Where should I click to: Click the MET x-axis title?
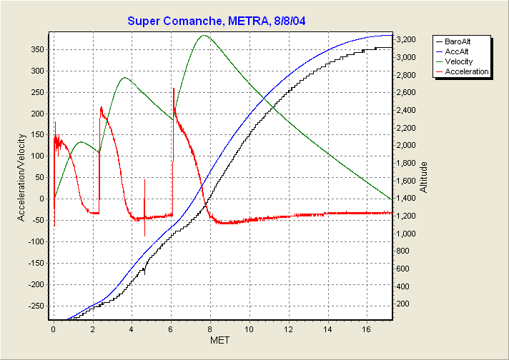tap(220, 341)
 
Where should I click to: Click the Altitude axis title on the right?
tap(424, 177)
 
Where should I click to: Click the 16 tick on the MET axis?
tap(366, 330)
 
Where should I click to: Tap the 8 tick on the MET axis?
tap(210, 330)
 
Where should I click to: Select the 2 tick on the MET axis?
tap(92, 330)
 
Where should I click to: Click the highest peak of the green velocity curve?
tap(204, 35)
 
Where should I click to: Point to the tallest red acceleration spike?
tap(173, 89)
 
